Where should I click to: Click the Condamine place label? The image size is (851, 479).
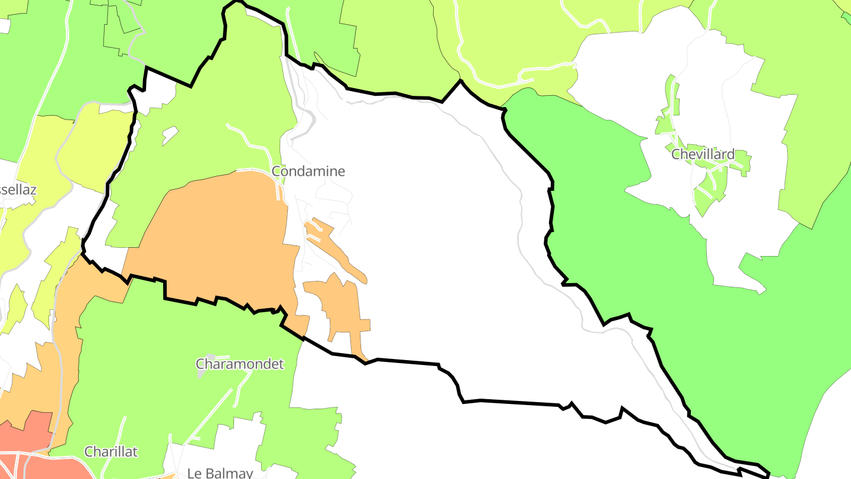click(308, 171)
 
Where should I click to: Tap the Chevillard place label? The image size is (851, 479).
click(703, 155)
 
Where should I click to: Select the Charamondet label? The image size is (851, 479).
click(239, 364)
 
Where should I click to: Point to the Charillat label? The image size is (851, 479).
click(111, 452)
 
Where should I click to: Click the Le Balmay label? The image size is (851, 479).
click(220, 472)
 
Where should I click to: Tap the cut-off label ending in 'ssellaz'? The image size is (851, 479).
click(18, 190)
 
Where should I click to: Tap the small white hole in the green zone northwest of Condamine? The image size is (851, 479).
click(170, 135)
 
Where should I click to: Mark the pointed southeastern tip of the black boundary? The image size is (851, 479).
click(768, 474)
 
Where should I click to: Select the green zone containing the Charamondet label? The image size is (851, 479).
click(177, 331)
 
